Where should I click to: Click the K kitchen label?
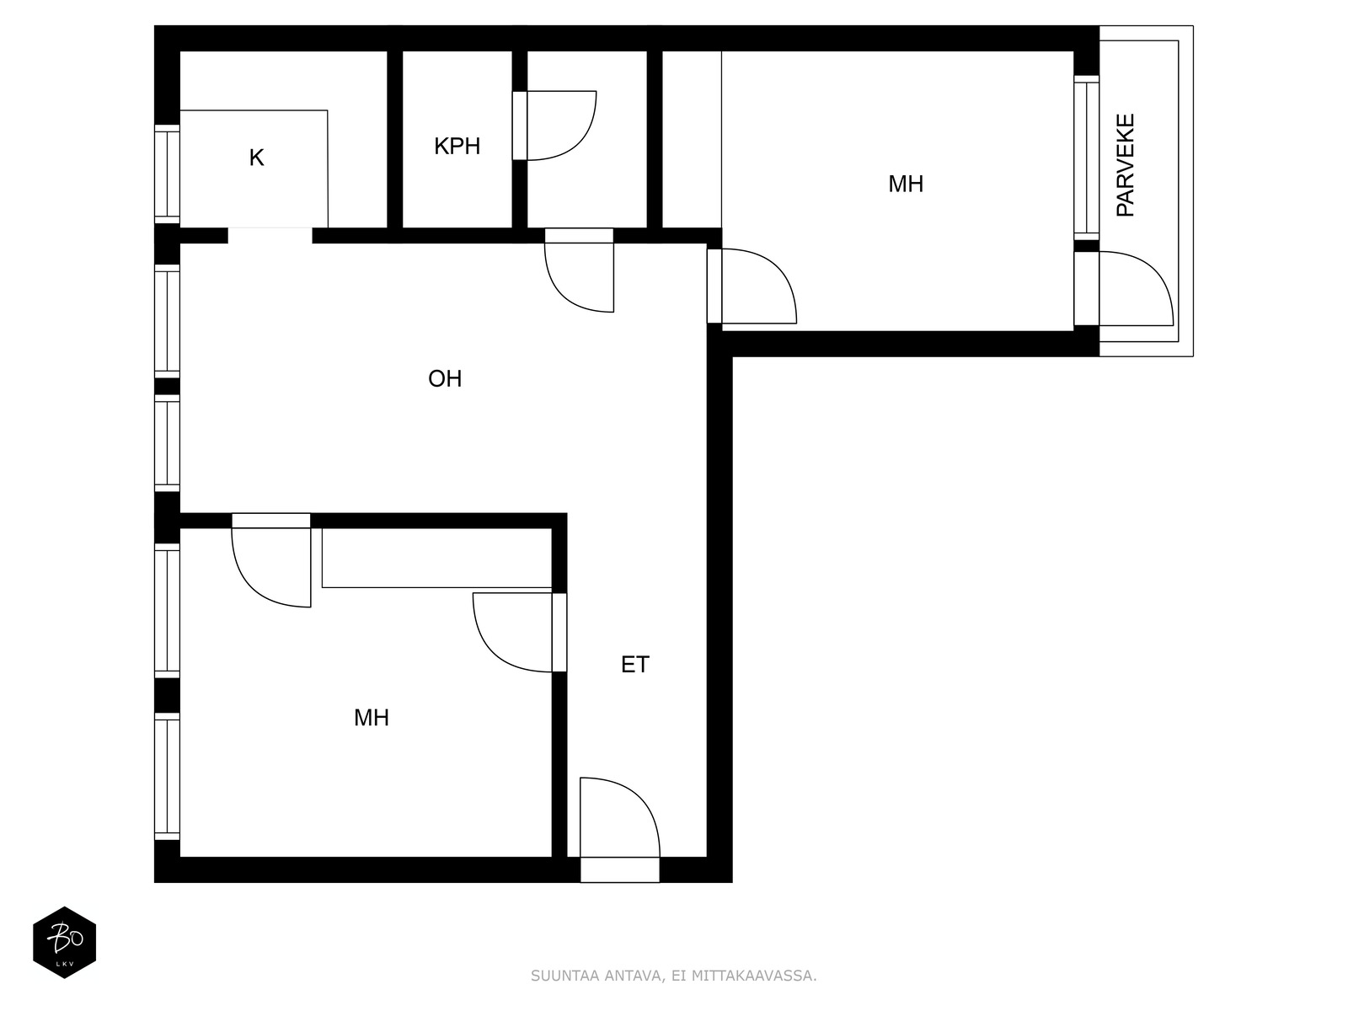(257, 158)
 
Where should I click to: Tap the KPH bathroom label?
(457, 146)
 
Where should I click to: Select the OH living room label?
(445, 379)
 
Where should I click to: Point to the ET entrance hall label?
(635, 665)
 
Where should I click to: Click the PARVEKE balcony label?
(1125, 165)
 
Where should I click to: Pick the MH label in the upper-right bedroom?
(906, 185)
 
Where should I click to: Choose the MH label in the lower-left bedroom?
(372, 718)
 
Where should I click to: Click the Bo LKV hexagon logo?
(65, 942)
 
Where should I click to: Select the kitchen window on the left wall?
(167, 174)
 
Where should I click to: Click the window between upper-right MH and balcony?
(1086, 158)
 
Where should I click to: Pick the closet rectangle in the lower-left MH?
(436, 558)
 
